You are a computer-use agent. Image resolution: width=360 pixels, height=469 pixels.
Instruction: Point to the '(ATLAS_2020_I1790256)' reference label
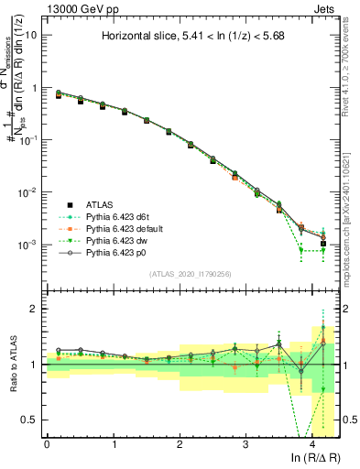(x=190, y=274)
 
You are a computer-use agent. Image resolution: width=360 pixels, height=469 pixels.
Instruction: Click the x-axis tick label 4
(x=312, y=443)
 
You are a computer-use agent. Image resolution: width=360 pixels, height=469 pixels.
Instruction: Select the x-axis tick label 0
(x=47, y=443)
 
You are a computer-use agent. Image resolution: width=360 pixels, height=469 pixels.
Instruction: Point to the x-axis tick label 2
(x=180, y=443)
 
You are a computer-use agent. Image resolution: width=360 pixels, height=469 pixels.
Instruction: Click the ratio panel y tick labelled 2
(x=35, y=309)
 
